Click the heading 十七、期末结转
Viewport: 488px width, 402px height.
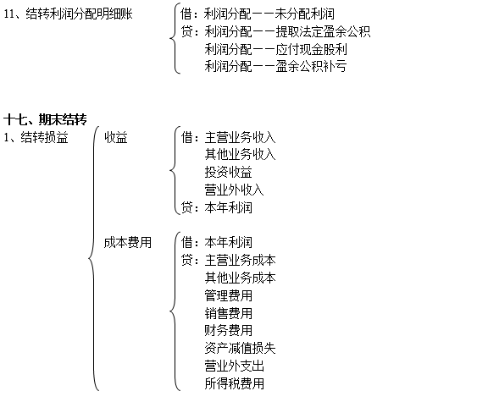point(45,119)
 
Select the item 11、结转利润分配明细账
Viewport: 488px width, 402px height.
point(68,14)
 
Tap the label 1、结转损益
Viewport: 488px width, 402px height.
point(36,137)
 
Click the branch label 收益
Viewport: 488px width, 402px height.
point(116,137)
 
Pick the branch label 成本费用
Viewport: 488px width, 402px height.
point(128,243)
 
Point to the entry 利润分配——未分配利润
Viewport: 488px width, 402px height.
point(269,14)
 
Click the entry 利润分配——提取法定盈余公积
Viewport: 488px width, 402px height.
point(287,31)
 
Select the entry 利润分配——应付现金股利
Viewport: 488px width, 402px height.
point(275,49)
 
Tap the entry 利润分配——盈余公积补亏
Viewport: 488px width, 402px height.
point(275,67)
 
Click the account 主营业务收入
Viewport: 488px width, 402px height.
point(240,137)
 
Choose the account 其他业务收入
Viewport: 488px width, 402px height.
point(240,155)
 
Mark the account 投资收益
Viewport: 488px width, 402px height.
point(228,173)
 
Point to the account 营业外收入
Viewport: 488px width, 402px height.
point(234,190)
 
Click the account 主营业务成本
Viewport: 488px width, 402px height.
point(240,260)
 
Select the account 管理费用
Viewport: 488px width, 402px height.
point(228,295)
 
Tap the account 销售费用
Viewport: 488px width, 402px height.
point(228,313)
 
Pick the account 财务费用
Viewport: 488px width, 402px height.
point(228,331)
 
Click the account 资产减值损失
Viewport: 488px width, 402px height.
point(240,348)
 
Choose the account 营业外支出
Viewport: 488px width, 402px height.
point(234,366)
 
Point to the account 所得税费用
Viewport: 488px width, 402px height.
point(234,383)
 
